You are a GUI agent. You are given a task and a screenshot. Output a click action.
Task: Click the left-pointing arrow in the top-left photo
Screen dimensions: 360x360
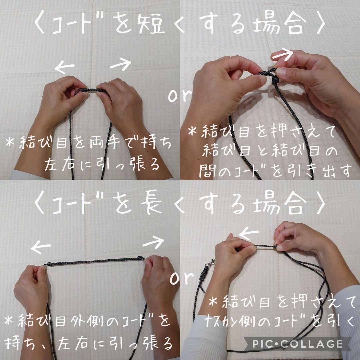click(x=65, y=67)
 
